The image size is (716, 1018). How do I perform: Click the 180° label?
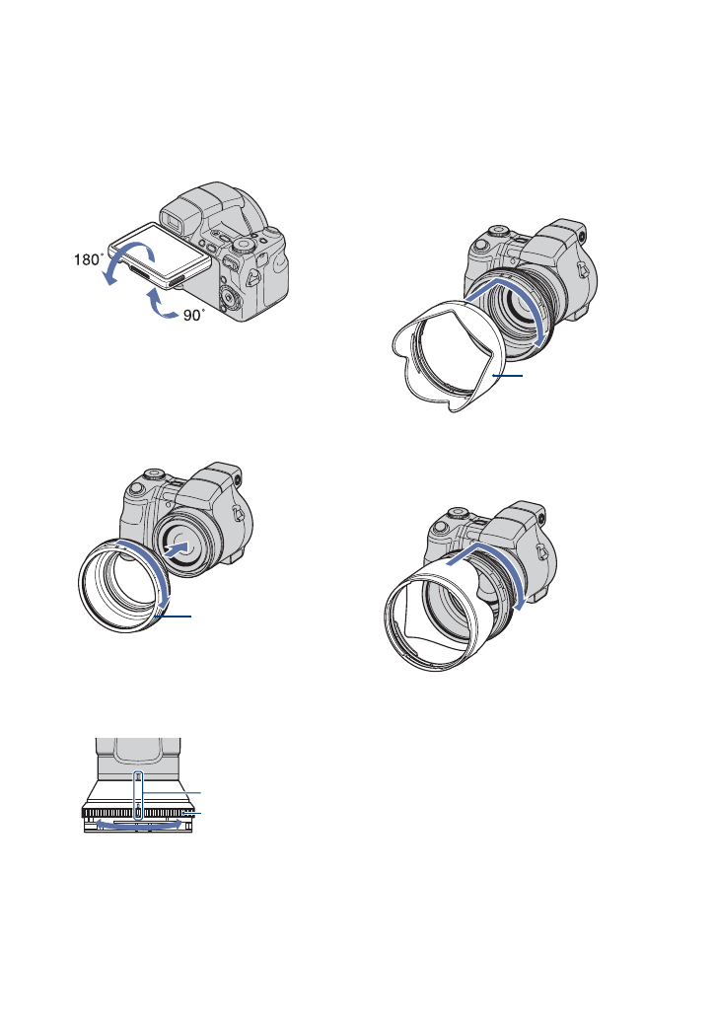89,259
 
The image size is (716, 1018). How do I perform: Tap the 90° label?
193,316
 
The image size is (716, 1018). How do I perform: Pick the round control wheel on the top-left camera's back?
229,296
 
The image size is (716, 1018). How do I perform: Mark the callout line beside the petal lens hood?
507,375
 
